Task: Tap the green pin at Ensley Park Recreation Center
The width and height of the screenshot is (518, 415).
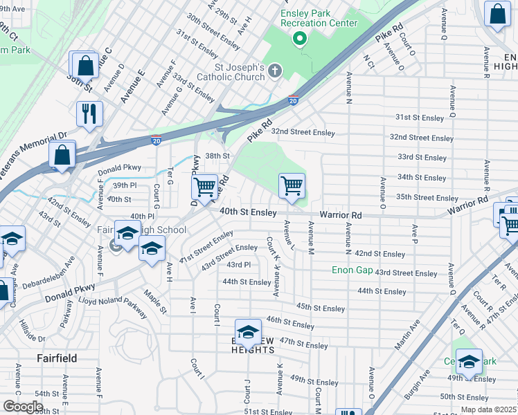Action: click(299, 38)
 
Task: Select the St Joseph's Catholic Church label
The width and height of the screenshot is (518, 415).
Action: click(231, 72)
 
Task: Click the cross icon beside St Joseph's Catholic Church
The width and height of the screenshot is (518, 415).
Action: click(275, 70)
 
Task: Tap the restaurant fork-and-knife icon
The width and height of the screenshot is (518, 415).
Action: click(89, 113)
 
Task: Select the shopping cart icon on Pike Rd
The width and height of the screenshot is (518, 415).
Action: click(205, 186)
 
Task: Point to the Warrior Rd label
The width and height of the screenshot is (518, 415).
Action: click(341, 216)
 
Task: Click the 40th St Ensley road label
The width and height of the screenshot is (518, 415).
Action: click(248, 212)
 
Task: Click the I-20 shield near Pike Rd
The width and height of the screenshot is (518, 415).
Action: click(293, 100)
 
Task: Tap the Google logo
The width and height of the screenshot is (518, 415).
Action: click(23, 407)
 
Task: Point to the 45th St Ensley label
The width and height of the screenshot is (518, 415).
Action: click(320, 307)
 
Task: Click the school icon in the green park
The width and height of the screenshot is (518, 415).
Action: click(469, 362)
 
